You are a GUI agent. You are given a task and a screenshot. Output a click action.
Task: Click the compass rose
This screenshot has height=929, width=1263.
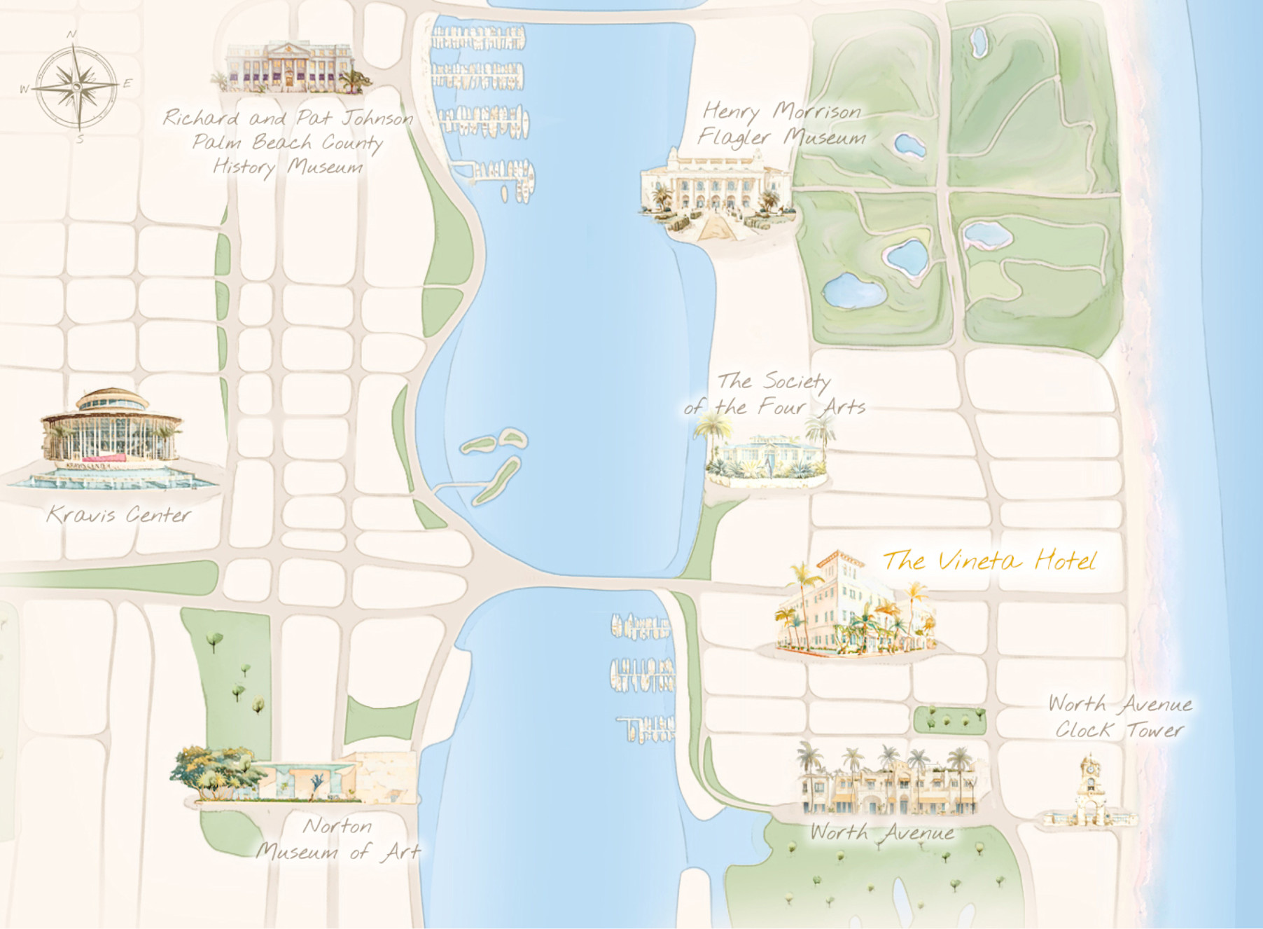point(76,86)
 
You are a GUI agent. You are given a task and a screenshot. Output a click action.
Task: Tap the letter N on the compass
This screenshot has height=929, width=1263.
point(71,34)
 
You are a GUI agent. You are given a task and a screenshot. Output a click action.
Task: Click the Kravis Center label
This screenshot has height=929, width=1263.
point(118,516)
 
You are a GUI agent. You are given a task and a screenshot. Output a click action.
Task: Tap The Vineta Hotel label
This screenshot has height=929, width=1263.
point(989,561)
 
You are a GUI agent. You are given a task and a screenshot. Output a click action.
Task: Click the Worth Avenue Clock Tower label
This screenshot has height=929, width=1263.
point(1119,717)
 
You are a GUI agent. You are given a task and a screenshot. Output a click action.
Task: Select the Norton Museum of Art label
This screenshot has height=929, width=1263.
point(337,839)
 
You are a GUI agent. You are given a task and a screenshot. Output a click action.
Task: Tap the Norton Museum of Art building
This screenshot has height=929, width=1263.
point(294,776)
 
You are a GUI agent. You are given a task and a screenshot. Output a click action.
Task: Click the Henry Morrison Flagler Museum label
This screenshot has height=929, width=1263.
point(782,124)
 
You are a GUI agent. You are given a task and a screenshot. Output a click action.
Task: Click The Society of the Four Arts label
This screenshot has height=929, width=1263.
point(774,394)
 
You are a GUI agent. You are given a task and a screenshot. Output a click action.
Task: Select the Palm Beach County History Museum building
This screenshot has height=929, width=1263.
point(291,68)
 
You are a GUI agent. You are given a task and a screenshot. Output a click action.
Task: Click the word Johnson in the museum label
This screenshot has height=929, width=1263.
point(377,118)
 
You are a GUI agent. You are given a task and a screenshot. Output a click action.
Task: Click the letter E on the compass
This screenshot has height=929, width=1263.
point(127,83)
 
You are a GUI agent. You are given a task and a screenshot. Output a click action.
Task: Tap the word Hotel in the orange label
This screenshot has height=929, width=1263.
point(1066,561)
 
